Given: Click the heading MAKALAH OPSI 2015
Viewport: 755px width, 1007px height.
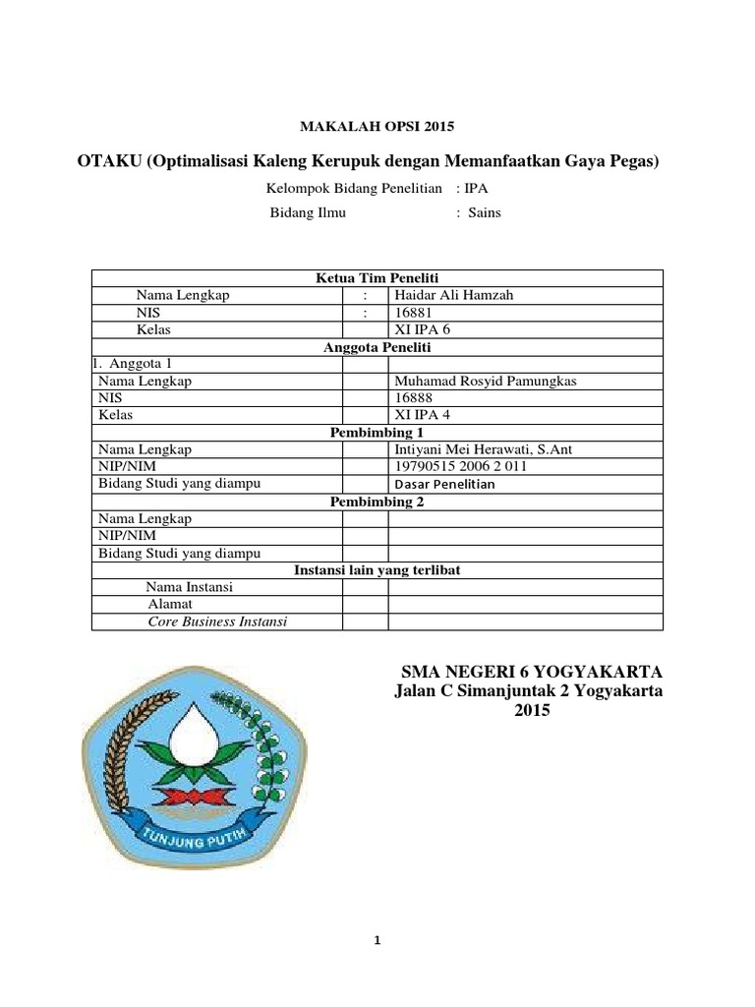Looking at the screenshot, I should click(377, 126).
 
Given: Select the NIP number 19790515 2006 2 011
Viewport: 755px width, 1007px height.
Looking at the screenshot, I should click(460, 466).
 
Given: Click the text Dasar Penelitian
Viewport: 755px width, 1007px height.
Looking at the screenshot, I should click(444, 484).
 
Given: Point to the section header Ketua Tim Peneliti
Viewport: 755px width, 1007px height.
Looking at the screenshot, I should click(377, 278).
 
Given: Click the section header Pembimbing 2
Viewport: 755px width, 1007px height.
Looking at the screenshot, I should click(377, 502).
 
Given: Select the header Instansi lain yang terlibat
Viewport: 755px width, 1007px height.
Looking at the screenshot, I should click(377, 569).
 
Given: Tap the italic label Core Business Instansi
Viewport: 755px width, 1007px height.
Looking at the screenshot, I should click(217, 622).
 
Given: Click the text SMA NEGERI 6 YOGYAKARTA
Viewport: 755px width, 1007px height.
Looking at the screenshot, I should click(531, 673).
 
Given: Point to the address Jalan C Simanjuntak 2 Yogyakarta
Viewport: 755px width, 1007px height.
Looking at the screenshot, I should click(528, 692).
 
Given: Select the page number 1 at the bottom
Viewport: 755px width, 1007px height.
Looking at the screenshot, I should click(377, 940).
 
